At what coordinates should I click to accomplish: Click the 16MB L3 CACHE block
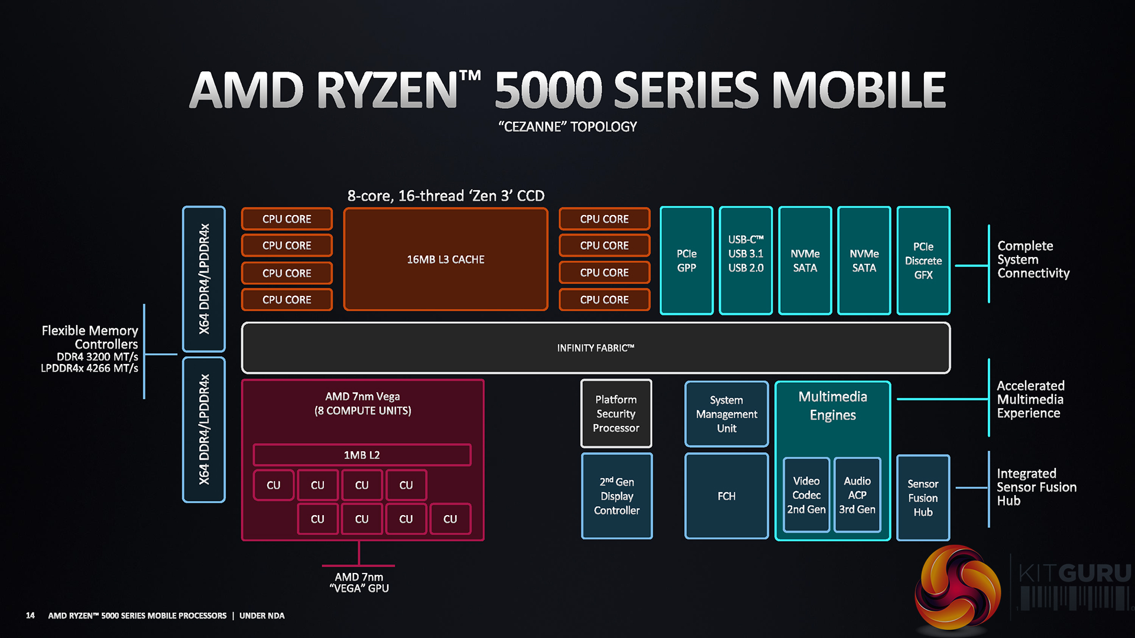[x=445, y=259]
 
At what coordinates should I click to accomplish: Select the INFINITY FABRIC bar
[x=595, y=348]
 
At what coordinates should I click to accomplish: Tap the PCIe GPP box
[x=686, y=261]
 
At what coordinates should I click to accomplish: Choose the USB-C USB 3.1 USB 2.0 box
[x=745, y=261]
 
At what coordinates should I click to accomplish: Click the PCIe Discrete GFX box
[x=923, y=261]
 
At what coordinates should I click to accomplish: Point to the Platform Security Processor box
[x=616, y=414]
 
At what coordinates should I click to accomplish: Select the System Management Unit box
[x=726, y=414]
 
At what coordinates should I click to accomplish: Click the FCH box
[x=726, y=496]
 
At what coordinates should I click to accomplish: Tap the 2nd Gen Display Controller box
[x=617, y=496]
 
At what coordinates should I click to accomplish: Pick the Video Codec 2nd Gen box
[x=806, y=495]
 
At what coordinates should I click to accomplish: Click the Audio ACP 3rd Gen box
[x=857, y=495]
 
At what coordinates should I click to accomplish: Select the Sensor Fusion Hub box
[x=923, y=497]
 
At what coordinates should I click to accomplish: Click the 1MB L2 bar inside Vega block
[x=362, y=455]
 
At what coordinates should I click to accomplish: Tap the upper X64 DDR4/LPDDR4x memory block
[x=204, y=279]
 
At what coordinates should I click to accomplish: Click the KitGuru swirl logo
[x=957, y=588]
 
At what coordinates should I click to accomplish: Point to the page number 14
[x=30, y=616]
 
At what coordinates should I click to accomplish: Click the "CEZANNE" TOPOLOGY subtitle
[x=567, y=126]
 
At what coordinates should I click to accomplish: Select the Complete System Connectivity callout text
[x=1033, y=259]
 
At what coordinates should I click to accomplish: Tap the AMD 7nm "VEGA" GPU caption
[x=359, y=582]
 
